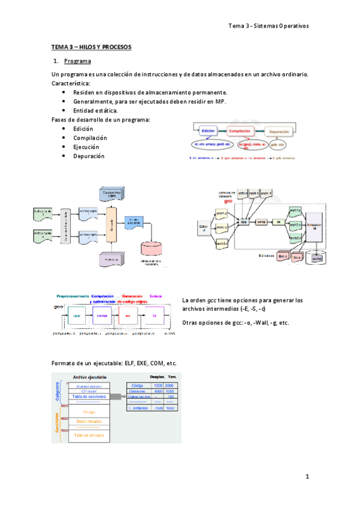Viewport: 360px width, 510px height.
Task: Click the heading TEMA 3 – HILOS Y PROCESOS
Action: click(x=91, y=46)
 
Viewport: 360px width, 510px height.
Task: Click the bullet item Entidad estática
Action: click(x=96, y=111)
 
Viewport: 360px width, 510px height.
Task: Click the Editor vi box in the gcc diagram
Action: click(x=203, y=228)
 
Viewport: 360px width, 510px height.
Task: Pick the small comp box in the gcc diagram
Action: click(x=261, y=222)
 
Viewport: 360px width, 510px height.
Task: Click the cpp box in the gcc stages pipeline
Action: click(x=76, y=315)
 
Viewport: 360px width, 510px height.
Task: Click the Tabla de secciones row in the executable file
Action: click(x=90, y=396)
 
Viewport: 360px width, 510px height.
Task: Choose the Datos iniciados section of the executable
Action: click(x=90, y=422)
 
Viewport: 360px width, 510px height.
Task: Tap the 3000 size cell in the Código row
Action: click(x=170, y=385)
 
